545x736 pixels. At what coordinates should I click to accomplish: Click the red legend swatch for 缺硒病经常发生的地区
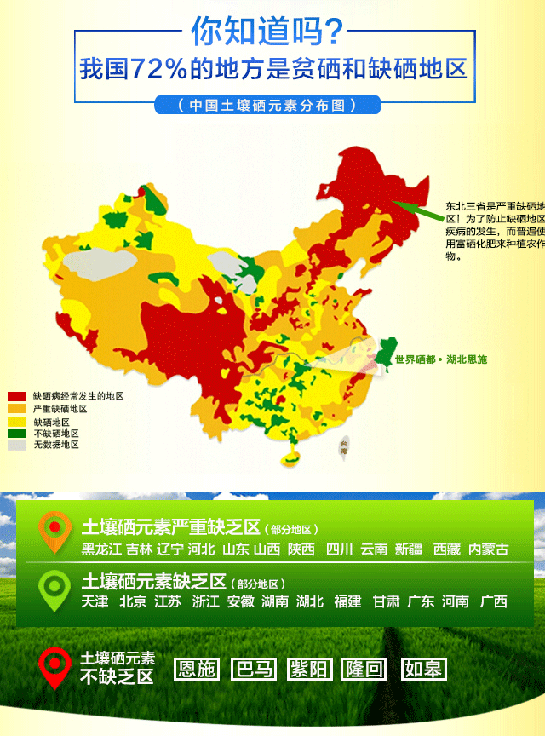click(17, 397)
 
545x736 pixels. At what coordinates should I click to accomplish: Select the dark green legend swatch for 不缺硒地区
click(17, 433)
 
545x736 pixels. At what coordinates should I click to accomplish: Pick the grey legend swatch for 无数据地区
click(17, 445)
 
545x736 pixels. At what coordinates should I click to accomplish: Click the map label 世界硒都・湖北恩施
click(441, 359)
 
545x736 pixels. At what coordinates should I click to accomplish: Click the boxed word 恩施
click(196, 669)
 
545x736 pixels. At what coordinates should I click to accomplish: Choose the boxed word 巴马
click(254, 669)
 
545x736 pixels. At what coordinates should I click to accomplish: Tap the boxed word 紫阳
click(310, 669)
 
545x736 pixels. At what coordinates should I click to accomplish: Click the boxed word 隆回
click(364, 669)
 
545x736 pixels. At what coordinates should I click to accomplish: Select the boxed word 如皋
click(424, 669)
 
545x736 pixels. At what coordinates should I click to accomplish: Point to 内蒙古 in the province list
click(489, 549)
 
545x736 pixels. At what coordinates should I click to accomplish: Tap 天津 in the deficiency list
click(95, 601)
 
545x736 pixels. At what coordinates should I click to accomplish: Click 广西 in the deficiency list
click(493, 601)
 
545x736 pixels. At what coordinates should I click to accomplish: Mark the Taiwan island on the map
click(344, 446)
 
